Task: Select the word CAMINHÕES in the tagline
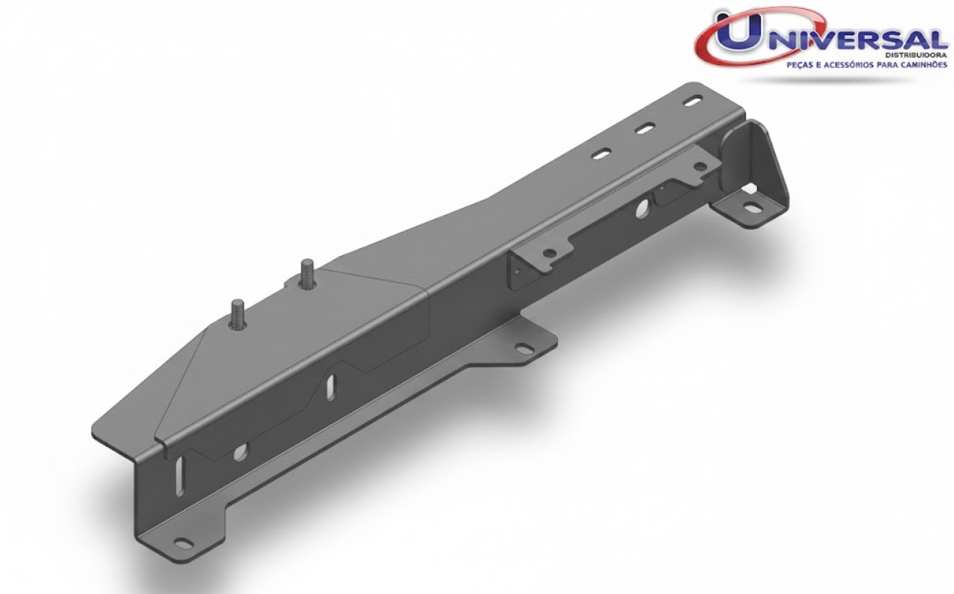(917, 65)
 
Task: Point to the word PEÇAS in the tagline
(799, 65)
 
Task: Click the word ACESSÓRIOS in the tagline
(847, 65)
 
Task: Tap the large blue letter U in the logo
(738, 31)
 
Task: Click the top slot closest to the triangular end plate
(693, 102)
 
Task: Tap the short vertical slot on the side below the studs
(332, 387)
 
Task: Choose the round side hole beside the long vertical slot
(239, 451)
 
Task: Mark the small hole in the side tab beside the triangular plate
(701, 167)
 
